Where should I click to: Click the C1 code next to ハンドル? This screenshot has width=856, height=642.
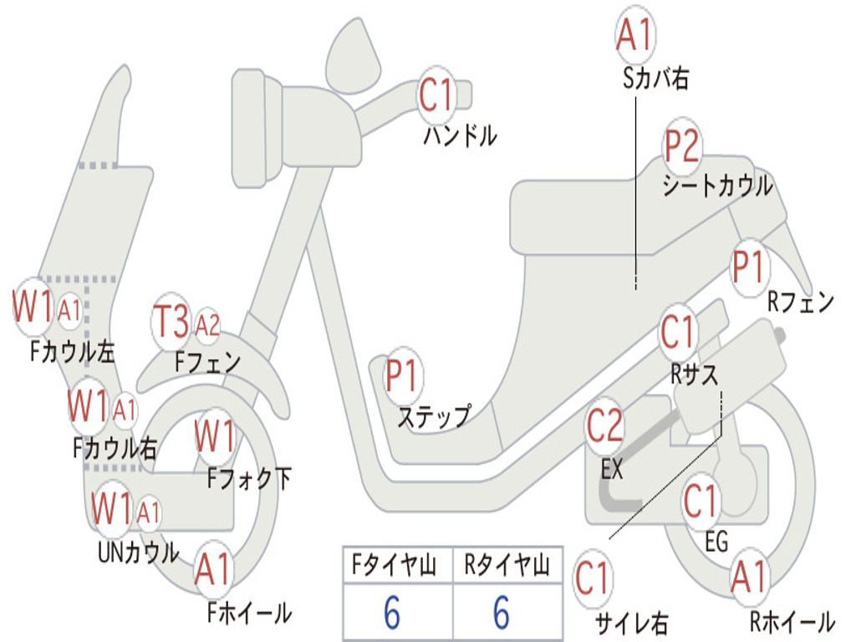tap(436, 95)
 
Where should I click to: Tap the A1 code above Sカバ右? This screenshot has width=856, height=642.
tap(634, 33)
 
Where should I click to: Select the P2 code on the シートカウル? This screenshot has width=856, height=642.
tap(682, 145)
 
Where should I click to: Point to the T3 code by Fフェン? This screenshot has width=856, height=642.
tap(171, 322)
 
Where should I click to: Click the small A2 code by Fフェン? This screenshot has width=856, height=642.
tap(207, 326)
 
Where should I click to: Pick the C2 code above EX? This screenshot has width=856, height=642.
tap(604, 425)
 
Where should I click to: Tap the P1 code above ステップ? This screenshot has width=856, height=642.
tap(401, 375)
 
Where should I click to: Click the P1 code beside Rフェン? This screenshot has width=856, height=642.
tap(747, 267)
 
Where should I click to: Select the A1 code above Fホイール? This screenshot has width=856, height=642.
tap(213, 569)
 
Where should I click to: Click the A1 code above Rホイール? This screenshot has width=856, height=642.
tap(749, 577)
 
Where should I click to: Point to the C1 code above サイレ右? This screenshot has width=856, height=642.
tap(592, 578)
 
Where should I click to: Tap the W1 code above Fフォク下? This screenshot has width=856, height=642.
tap(215, 436)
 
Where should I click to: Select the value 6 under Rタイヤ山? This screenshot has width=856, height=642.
tap(502, 612)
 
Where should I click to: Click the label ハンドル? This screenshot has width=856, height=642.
tap(460, 136)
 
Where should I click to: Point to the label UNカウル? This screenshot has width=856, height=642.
tap(139, 553)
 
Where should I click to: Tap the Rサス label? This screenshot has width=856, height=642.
tap(695, 374)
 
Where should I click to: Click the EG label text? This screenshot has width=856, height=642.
tap(716, 542)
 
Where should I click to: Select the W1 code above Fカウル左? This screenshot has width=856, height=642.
tap(33, 307)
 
